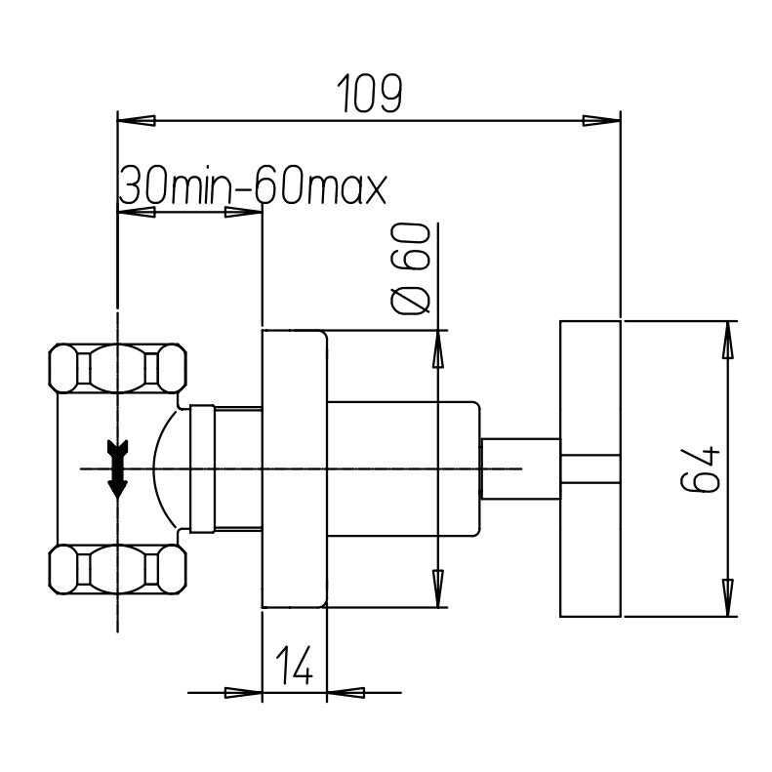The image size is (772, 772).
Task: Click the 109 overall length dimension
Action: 370,93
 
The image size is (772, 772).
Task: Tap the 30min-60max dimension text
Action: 253,186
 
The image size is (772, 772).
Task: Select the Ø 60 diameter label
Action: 410,268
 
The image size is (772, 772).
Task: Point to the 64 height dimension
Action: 700,468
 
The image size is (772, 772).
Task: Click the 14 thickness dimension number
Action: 294,666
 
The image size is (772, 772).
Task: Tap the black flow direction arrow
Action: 117,468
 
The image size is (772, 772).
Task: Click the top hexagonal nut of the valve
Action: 118,368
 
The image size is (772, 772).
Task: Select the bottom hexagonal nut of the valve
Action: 118,569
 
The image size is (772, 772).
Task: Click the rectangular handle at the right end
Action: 590,468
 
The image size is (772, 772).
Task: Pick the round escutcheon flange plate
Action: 295,468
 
